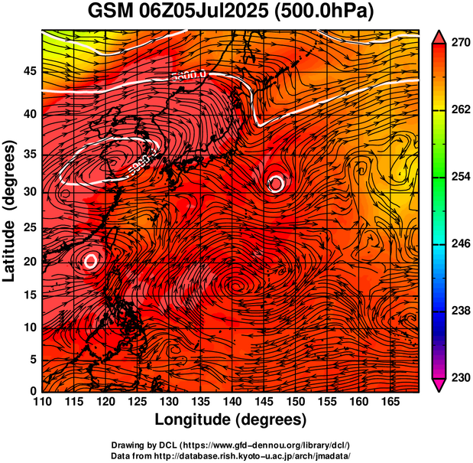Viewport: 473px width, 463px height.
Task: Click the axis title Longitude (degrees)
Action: (231, 420)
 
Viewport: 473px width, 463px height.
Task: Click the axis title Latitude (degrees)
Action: (10, 210)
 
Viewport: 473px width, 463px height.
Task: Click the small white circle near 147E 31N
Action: (277, 183)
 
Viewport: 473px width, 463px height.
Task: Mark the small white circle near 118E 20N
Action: (91, 261)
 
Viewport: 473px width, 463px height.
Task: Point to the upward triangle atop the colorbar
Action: (439, 35)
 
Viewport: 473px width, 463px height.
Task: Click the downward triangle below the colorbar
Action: (439, 386)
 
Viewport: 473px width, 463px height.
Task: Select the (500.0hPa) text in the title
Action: (320, 13)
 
